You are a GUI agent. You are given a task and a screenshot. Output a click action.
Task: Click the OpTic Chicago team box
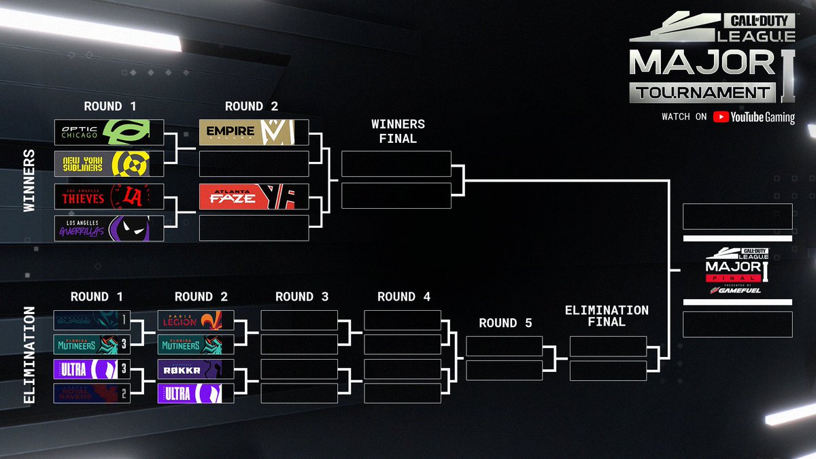tap(109, 132)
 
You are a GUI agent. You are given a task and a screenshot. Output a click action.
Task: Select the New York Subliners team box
tap(109, 164)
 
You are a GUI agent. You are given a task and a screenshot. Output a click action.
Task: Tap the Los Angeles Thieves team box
tap(109, 196)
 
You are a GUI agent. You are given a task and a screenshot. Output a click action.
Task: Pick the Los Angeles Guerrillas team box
tap(109, 228)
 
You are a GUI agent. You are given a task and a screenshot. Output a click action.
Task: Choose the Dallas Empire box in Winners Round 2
tap(254, 132)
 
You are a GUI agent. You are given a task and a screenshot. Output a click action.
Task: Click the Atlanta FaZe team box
tap(254, 196)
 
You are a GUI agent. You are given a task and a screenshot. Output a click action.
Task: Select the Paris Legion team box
tap(196, 320)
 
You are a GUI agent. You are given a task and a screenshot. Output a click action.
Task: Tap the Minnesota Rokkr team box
tap(196, 369)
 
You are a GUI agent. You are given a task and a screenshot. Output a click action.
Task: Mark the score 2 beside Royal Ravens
tap(124, 393)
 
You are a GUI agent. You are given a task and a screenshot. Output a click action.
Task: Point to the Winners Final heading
tap(398, 131)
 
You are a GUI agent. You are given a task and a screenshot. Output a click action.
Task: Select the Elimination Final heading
tap(607, 316)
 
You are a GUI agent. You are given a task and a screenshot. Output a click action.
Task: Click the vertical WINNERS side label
tap(29, 180)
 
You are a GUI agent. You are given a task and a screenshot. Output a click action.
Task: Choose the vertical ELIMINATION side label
tap(29, 354)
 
